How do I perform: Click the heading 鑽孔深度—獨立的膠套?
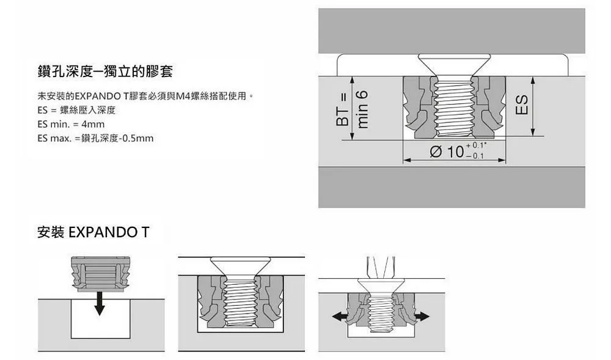104,72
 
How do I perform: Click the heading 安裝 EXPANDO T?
93,233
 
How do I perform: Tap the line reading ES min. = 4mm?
71,124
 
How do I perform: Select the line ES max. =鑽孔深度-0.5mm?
95,138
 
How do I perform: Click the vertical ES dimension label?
522,106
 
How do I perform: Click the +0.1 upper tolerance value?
474,145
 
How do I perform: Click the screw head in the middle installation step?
241,266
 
